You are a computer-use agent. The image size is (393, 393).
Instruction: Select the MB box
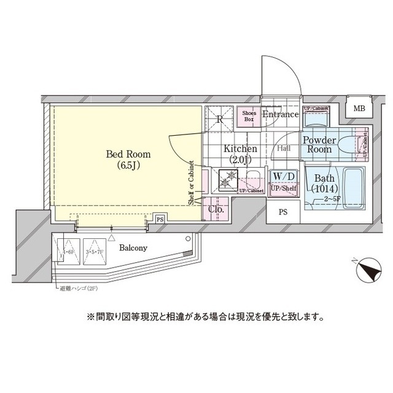(x=359, y=109)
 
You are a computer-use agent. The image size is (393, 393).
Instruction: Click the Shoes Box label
(x=249, y=116)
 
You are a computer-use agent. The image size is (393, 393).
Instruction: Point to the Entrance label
(x=280, y=114)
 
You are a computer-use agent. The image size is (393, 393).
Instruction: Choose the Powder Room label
(x=319, y=145)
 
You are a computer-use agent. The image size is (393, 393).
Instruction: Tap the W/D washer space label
(x=284, y=177)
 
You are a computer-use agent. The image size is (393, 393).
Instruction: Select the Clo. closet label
(x=216, y=209)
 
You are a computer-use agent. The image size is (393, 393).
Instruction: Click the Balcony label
(x=133, y=248)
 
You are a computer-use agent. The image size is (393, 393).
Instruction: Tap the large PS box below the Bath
(x=283, y=212)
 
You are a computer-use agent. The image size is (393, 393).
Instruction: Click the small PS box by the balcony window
(x=160, y=219)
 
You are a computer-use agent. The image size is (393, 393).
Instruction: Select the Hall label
(x=284, y=148)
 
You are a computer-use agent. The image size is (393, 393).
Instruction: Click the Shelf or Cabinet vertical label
(x=191, y=182)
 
